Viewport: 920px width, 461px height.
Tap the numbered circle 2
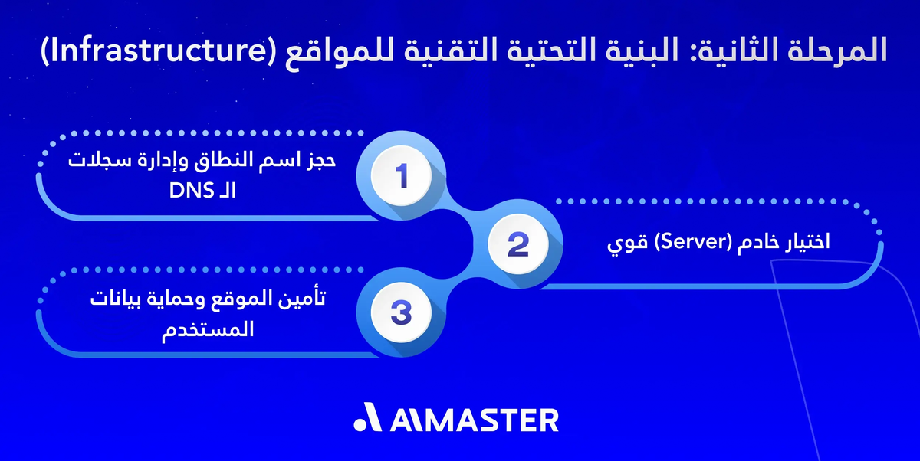pyautogui.click(x=518, y=244)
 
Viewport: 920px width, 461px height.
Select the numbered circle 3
pyautogui.click(x=399, y=312)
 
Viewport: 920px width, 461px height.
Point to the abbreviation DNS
pyautogui.click(x=189, y=191)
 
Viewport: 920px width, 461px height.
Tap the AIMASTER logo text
pyautogui.click(x=475, y=420)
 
